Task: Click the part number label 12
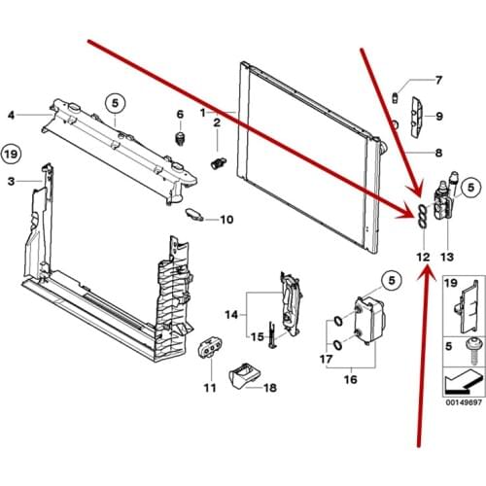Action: pos(423,258)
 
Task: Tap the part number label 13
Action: pos(447,258)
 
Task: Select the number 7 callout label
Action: pos(438,80)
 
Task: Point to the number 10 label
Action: pos(226,220)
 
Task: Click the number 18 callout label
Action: pos(270,388)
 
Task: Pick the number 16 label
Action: pos(350,379)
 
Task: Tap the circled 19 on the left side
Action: pos(11,154)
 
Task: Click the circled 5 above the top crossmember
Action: pos(116,103)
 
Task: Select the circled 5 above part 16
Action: pos(392,280)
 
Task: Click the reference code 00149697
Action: pos(464,402)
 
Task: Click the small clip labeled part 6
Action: pos(180,139)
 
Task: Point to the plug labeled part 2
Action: pos(219,162)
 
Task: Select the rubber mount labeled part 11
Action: pos(210,348)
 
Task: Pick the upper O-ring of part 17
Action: pos(337,321)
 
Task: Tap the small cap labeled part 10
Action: pos(193,215)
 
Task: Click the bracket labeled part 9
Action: pos(417,117)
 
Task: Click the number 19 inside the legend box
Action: pos(451,283)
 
